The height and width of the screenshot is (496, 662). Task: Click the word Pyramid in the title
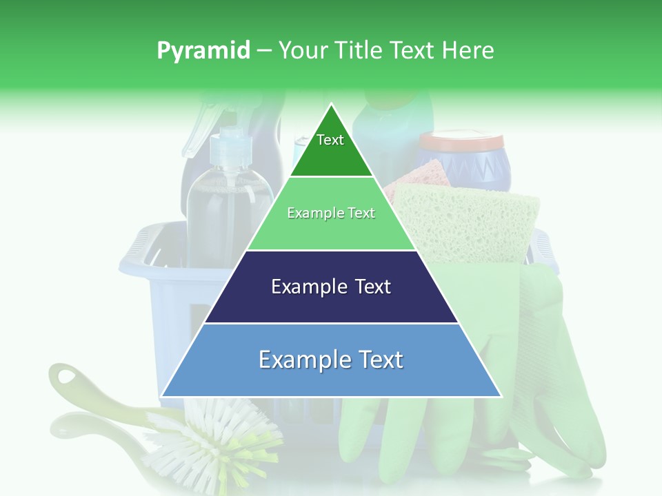point(203,51)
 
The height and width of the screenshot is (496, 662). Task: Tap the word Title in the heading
point(359,51)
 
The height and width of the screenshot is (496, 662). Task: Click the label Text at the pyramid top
point(330,140)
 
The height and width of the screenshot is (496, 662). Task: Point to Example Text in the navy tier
point(331,287)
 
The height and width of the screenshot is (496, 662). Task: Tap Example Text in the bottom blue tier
point(331,360)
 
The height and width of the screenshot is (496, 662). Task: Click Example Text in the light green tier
point(331,213)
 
